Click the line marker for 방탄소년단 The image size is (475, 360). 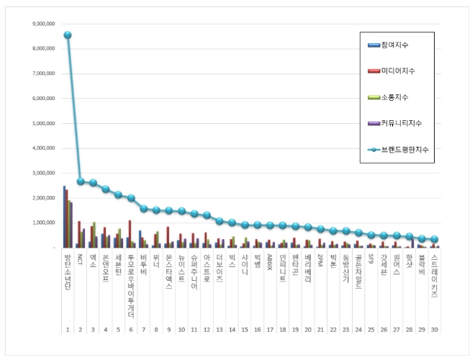pyautogui.click(x=68, y=35)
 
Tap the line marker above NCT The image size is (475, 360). pyautogui.click(x=81, y=181)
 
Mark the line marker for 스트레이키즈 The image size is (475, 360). pyautogui.click(x=435, y=239)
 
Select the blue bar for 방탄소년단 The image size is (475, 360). pyautogui.click(x=64, y=217)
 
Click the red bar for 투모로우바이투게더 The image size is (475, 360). pyautogui.click(x=130, y=234)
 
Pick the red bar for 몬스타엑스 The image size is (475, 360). pyautogui.click(x=168, y=238)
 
